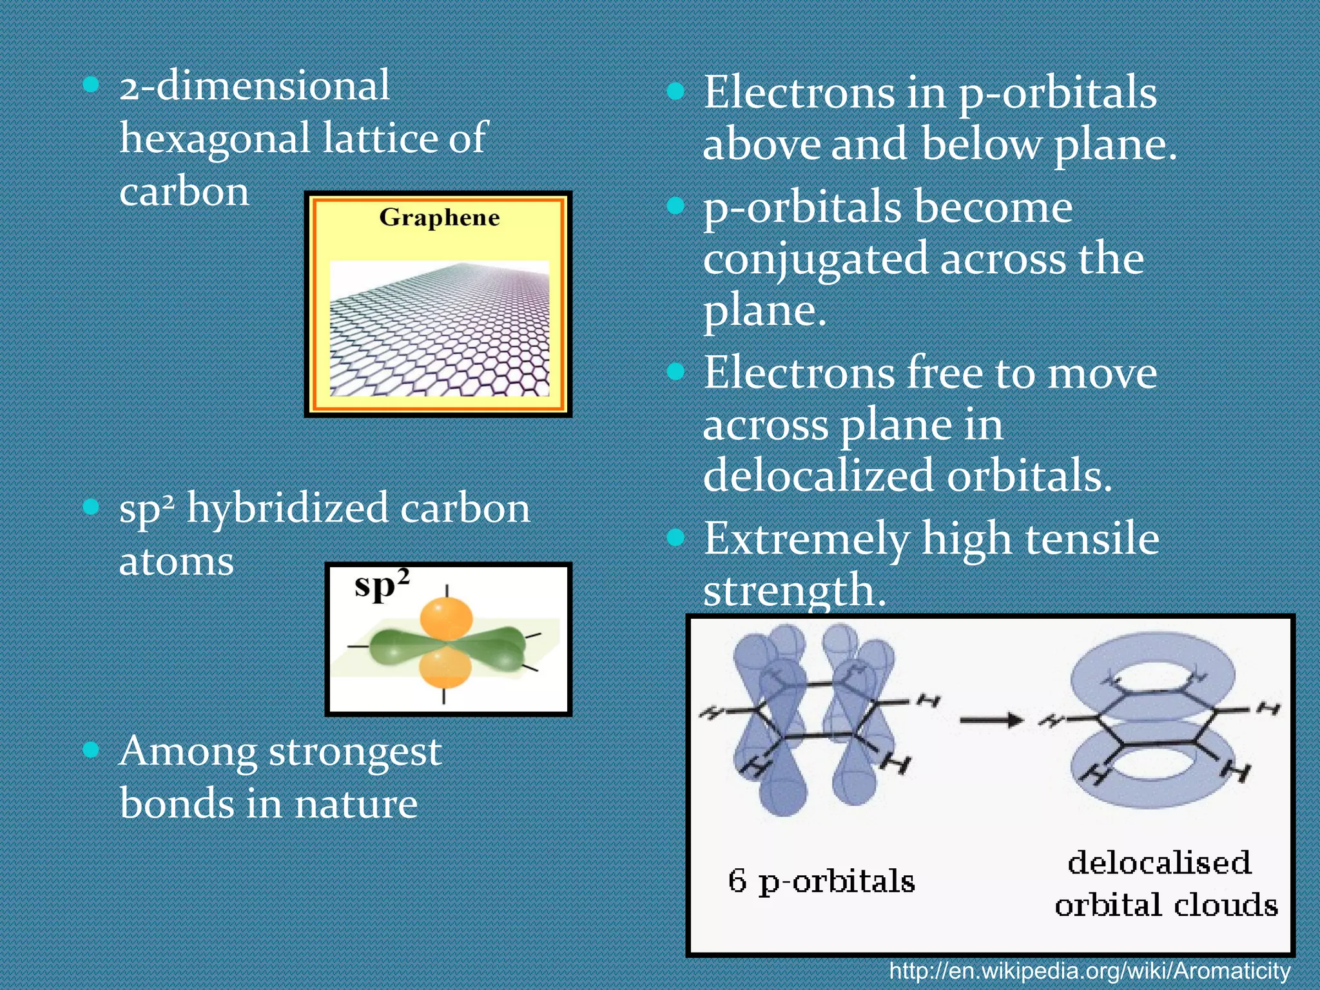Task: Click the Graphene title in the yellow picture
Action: pos(439,218)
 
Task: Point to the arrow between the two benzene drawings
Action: pos(991,720)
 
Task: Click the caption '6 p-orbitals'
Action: pos(821,882)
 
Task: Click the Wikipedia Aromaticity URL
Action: pos(1090,971)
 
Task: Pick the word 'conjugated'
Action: pos(815,260)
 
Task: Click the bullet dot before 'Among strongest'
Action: pos(92,749)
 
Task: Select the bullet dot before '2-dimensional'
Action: pos(92,84)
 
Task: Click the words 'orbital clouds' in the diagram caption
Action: pos(1166,906)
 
